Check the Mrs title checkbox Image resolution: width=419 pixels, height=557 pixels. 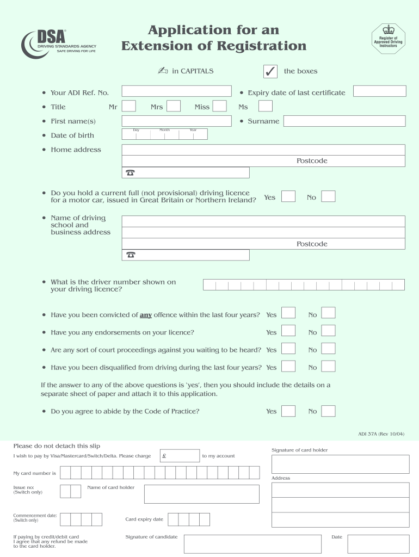point(174,106)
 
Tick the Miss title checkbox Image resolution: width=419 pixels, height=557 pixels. point(219,106)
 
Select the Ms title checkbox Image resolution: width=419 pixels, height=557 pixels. point(265,106)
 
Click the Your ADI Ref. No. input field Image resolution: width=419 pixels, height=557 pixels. point(177,91)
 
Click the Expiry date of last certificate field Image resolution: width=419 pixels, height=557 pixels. point(379,91)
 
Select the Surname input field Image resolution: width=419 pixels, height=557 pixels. point(344,121)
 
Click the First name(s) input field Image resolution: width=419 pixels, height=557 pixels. point(177,121)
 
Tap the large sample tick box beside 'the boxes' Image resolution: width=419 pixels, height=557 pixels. point(269,71)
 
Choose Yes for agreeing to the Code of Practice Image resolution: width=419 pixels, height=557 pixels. point(288,411)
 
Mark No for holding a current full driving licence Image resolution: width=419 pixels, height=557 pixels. point(328,196)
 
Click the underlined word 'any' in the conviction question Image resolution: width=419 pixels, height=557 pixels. point(146,315)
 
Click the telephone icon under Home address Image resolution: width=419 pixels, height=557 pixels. point(130,173)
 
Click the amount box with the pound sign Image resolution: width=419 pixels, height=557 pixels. point(180,456)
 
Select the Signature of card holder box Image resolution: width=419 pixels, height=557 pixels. point(340,464)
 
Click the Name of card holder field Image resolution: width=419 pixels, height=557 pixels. point(201,494)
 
